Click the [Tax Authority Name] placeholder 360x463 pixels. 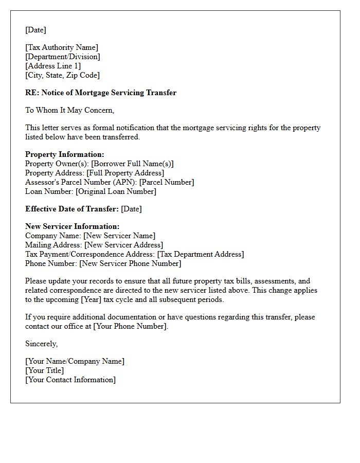point(62,47)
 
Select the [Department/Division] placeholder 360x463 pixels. point(63,57)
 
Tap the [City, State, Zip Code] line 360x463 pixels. point(62,75)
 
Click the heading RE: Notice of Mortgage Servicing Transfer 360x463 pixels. point(101,93)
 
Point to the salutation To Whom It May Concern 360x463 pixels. point(69,110)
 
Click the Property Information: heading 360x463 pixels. point(65,154)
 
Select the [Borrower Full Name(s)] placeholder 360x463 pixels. point(132,164)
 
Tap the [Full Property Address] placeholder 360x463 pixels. point(125,173)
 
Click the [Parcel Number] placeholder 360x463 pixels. point(167,182)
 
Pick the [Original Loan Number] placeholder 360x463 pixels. point(116,191)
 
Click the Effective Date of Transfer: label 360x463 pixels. point(72,209)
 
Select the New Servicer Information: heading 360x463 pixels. point(73,226)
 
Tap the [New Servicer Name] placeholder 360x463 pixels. point(119,236)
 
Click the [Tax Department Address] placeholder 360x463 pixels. point(201,254)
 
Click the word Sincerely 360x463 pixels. point(42,344)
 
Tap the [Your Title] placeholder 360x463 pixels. point(45,370)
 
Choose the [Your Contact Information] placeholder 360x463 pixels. point(70,380)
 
